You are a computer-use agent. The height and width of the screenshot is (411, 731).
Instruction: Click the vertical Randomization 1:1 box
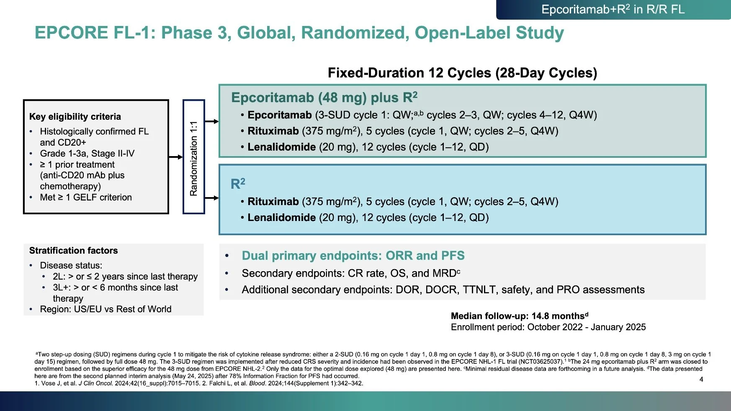(193, 157)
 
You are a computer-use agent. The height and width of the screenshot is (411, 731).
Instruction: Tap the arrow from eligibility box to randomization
(176, 157)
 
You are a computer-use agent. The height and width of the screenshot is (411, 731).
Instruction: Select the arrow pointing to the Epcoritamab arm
(212, 121)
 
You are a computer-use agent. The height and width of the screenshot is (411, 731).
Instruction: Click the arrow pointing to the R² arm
(212, 198)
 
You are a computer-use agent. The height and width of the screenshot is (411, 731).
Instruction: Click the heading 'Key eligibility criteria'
(75, 117)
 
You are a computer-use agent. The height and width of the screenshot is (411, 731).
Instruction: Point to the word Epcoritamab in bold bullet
(279, 115)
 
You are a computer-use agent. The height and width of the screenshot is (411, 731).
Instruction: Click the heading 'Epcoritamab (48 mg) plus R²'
(324, 98)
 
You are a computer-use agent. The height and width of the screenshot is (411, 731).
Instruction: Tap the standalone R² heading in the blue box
(238, 184)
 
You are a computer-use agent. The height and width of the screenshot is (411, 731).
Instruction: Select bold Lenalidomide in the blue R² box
(281, 218)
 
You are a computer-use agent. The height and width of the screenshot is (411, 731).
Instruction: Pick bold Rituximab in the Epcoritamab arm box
(273, 131)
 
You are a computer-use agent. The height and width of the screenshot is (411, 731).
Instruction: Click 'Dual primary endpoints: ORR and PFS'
(353, 256)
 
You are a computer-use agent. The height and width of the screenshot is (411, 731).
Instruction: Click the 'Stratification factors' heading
(73, 251)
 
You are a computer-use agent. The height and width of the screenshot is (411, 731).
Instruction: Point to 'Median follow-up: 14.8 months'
(519, 316)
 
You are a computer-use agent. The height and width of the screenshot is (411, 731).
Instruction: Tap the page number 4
(701, 379)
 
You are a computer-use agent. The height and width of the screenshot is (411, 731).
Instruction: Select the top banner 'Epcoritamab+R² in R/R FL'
(613, 10)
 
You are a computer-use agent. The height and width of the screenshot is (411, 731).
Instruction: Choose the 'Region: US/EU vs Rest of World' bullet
(106, 309)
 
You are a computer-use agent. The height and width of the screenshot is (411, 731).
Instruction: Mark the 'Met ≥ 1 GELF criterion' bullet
(86, 198)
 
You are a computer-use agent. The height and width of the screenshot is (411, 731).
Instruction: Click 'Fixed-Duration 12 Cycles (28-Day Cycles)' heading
(462, 73)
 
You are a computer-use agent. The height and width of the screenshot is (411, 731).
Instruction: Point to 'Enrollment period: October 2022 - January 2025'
(548, 327)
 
